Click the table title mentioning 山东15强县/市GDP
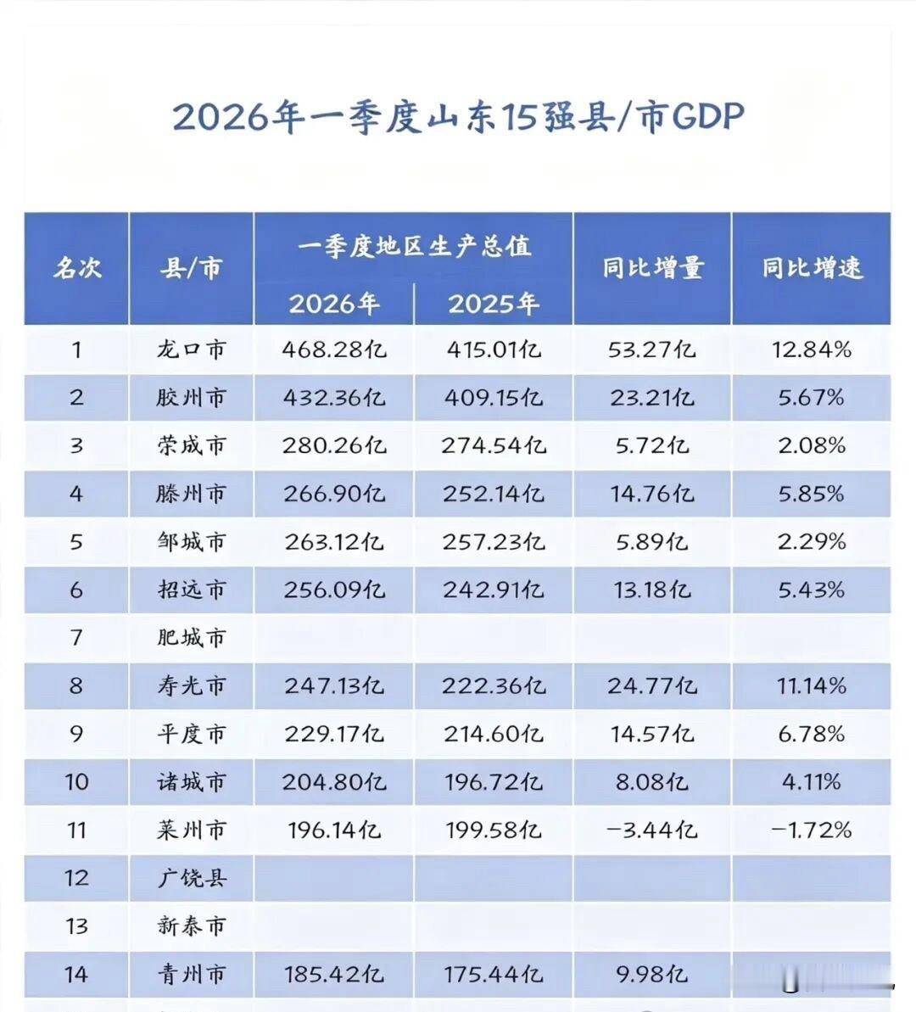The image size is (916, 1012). coord(458,117)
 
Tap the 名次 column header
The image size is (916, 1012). coord(77,267)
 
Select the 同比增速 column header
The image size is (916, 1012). coord(812,267)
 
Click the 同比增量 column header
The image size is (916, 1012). coord(652,267)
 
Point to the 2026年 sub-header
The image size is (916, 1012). coord(333,304)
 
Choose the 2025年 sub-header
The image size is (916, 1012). coord(493,304)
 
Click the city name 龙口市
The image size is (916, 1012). coord(191,349)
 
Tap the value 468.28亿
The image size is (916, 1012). coord(333,349)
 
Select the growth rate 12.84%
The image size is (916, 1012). coord(812,349)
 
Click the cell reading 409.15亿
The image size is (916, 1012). coord(493,397)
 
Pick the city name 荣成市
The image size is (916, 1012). coord(191,444)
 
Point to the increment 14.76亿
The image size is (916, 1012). coord(652,494)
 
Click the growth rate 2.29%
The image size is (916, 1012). coord(812,541)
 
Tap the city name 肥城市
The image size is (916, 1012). coord(191,638)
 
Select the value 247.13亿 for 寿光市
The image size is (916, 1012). coord(333,685)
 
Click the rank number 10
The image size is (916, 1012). coord(76,781)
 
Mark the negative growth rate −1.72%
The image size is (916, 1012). coord(812,830)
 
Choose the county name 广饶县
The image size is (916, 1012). coord(191,878)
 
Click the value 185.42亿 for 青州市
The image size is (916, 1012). coord(333,974)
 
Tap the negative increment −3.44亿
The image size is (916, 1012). coord(652,830)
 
